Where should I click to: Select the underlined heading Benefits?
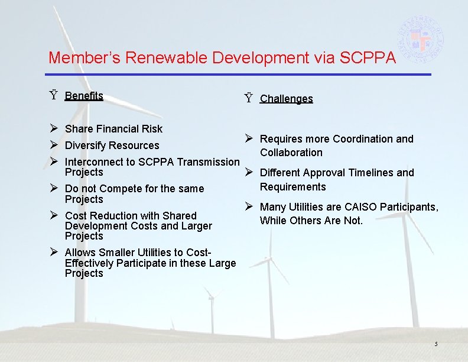coord(84,96)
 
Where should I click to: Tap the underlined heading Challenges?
coord(287,99)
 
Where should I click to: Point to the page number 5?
coord(436,344)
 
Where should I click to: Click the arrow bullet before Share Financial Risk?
coord(53,128)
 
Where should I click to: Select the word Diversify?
coord(86,146)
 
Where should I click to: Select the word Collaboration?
coord(291,153)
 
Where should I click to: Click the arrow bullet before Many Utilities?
coord(249,206)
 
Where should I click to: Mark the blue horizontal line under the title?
coord(239,74)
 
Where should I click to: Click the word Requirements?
coord(292,187)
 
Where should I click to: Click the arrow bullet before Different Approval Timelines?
coord(249,172)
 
